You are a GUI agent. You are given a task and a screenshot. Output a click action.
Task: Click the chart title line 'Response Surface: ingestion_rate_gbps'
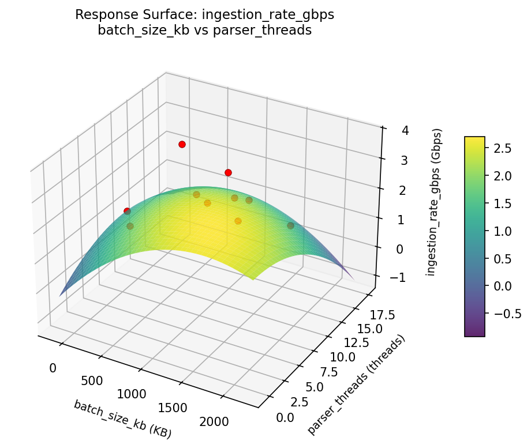click(x=204, y=16)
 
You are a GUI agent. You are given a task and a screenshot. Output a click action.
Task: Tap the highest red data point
click(x=182, y=144)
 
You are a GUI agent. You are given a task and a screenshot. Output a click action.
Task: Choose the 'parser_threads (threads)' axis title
click(x=356, y=385)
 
